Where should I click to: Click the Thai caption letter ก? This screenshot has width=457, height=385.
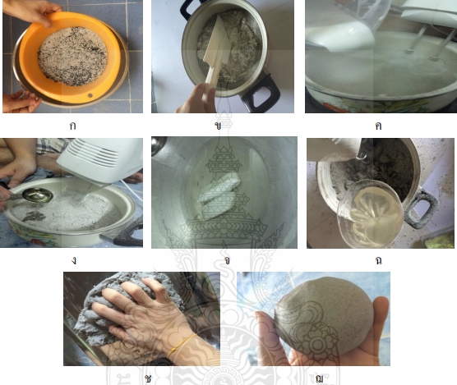point(73,126)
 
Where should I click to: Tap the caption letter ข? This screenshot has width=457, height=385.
point(218,126)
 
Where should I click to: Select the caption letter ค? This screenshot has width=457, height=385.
point(378,126)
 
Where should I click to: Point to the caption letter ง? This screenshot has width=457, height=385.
point(73,260)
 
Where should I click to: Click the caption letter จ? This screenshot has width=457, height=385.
point(227,260)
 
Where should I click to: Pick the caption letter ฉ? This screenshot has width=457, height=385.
point(378,260)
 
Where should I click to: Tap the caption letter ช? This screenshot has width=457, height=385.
point(148,378)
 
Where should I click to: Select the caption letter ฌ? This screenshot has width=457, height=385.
point(319,378)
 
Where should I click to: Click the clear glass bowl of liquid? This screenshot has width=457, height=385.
point(370,215)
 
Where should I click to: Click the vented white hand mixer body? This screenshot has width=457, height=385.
point(100,161)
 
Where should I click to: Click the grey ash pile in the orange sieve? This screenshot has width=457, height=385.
point(73,56)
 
